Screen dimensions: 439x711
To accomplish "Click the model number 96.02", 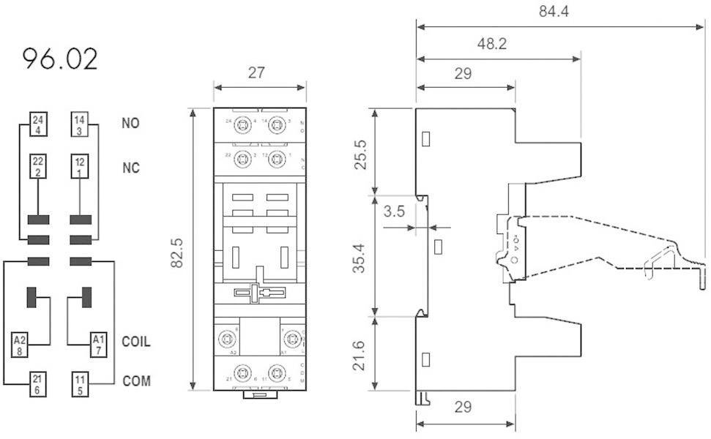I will coord(60,59).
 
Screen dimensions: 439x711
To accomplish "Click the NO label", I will coord(130,123).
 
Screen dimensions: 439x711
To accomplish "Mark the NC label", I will coord(130,168).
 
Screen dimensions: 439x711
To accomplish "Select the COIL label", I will coord(136,342).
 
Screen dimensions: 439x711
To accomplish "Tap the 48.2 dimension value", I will coord(491,44).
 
